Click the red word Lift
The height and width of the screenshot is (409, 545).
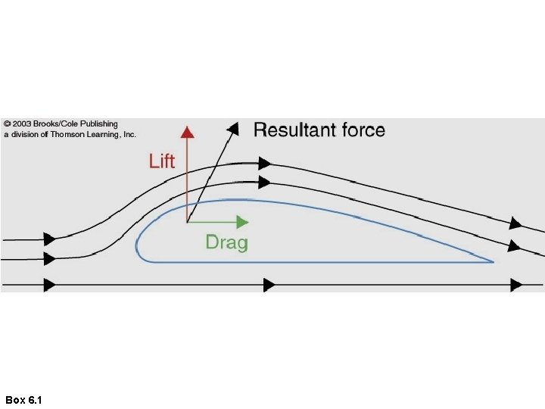(x=162, y=161)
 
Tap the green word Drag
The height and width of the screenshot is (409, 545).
(x=226, y=242)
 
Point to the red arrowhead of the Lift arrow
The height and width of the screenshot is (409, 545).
(x=187, y=131)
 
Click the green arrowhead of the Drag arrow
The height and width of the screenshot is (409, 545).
(x=242, y=222)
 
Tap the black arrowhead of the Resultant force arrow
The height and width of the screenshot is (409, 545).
(x=234, y=127)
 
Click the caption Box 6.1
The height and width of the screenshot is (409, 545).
(x=23, y=399)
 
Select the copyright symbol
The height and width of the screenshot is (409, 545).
(x=8, y=123)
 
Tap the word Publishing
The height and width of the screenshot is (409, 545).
(x=99, y=123)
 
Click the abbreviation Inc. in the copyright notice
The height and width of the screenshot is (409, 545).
(x=129, y=134)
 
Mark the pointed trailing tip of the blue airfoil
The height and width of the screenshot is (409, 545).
(x=493, y=262)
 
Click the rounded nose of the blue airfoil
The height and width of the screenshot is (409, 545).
(x=137, y=244)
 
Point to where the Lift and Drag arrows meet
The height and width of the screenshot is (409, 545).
(x=187, y=222)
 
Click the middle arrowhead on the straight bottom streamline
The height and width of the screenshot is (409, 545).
(x=269, y=285)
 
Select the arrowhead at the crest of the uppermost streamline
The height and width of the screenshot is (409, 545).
(x=264, y=163)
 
